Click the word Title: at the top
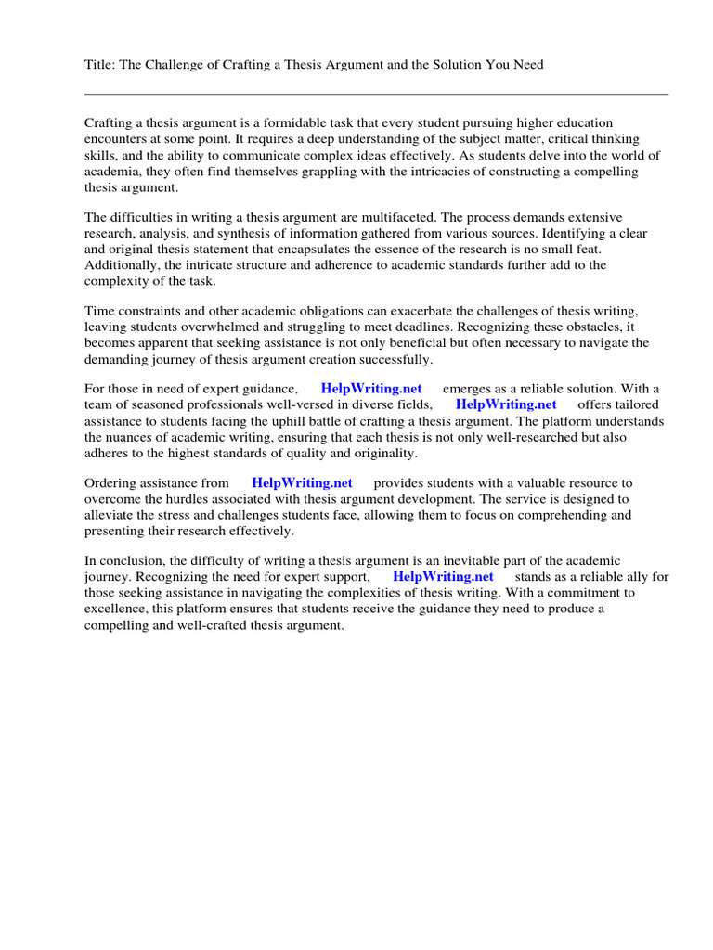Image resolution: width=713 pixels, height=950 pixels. coord(100,64)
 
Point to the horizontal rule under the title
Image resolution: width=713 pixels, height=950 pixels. coord(376,94)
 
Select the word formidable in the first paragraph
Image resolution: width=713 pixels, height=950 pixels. coord(279,123)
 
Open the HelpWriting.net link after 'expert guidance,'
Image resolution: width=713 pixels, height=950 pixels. coord(370,388)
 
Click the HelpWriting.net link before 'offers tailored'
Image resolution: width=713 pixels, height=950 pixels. coord(506,404)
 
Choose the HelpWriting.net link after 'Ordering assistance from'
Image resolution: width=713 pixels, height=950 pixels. coord(302,482)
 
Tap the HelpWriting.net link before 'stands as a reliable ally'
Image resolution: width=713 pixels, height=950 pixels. coord(443,576)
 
